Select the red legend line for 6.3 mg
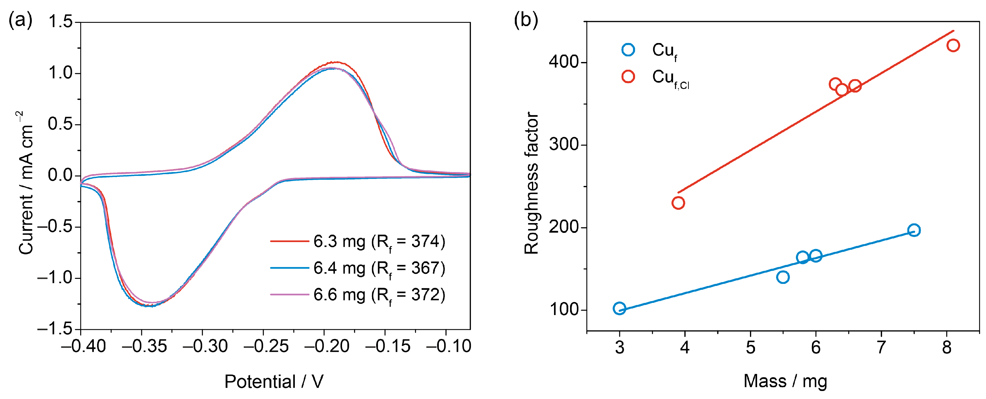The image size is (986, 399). (x=289, y=241)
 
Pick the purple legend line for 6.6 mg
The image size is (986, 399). (x=289, y=295)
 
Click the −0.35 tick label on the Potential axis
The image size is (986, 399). (x=144, y=346)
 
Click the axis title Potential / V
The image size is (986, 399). (x=274, y=382)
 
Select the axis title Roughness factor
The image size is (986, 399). (x=531, y=183)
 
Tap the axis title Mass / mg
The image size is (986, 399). (x=785, y=381)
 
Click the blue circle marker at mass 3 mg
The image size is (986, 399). (x=619, y=308)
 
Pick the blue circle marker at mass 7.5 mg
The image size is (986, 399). (x=914, y=230)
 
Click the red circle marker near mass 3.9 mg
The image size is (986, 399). (x=678, y=203)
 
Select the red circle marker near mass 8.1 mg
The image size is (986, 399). (x=953, y=45)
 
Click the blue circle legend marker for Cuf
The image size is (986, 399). (x=628, y=50)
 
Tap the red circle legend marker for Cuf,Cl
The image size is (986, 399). (x=628, y=77)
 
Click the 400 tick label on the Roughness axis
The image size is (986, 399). (x=564, y=62)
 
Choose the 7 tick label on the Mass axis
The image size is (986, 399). (x=881, y=347)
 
